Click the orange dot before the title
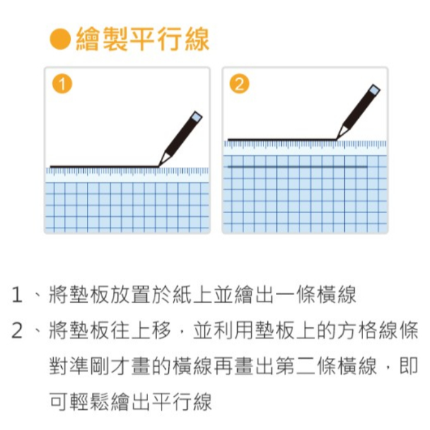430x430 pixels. point(61,40)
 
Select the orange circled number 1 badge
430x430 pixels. point(61,84)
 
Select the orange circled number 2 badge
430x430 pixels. point(238,84)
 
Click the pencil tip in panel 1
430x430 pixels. point(162,164)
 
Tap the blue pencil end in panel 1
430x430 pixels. point(197,117)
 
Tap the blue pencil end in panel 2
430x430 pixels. point(375,90)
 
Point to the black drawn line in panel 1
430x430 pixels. point(104,167)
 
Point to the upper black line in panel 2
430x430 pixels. point(282,139)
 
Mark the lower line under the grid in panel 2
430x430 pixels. point(296,167)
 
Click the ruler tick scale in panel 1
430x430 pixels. point(126,171)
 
